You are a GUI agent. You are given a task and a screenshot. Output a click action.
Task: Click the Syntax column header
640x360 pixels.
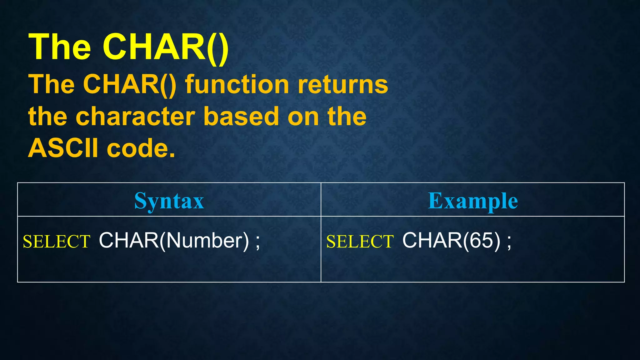(x=169, y=200)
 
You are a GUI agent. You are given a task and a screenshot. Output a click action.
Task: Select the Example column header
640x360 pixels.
(x=473, y=200)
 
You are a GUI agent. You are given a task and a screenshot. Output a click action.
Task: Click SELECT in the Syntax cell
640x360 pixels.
(x=57, y=242)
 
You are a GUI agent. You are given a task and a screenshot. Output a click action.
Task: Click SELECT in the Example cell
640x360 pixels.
(x=360, y=242)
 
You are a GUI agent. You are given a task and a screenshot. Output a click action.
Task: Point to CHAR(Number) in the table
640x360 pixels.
(x=174, y=241)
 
